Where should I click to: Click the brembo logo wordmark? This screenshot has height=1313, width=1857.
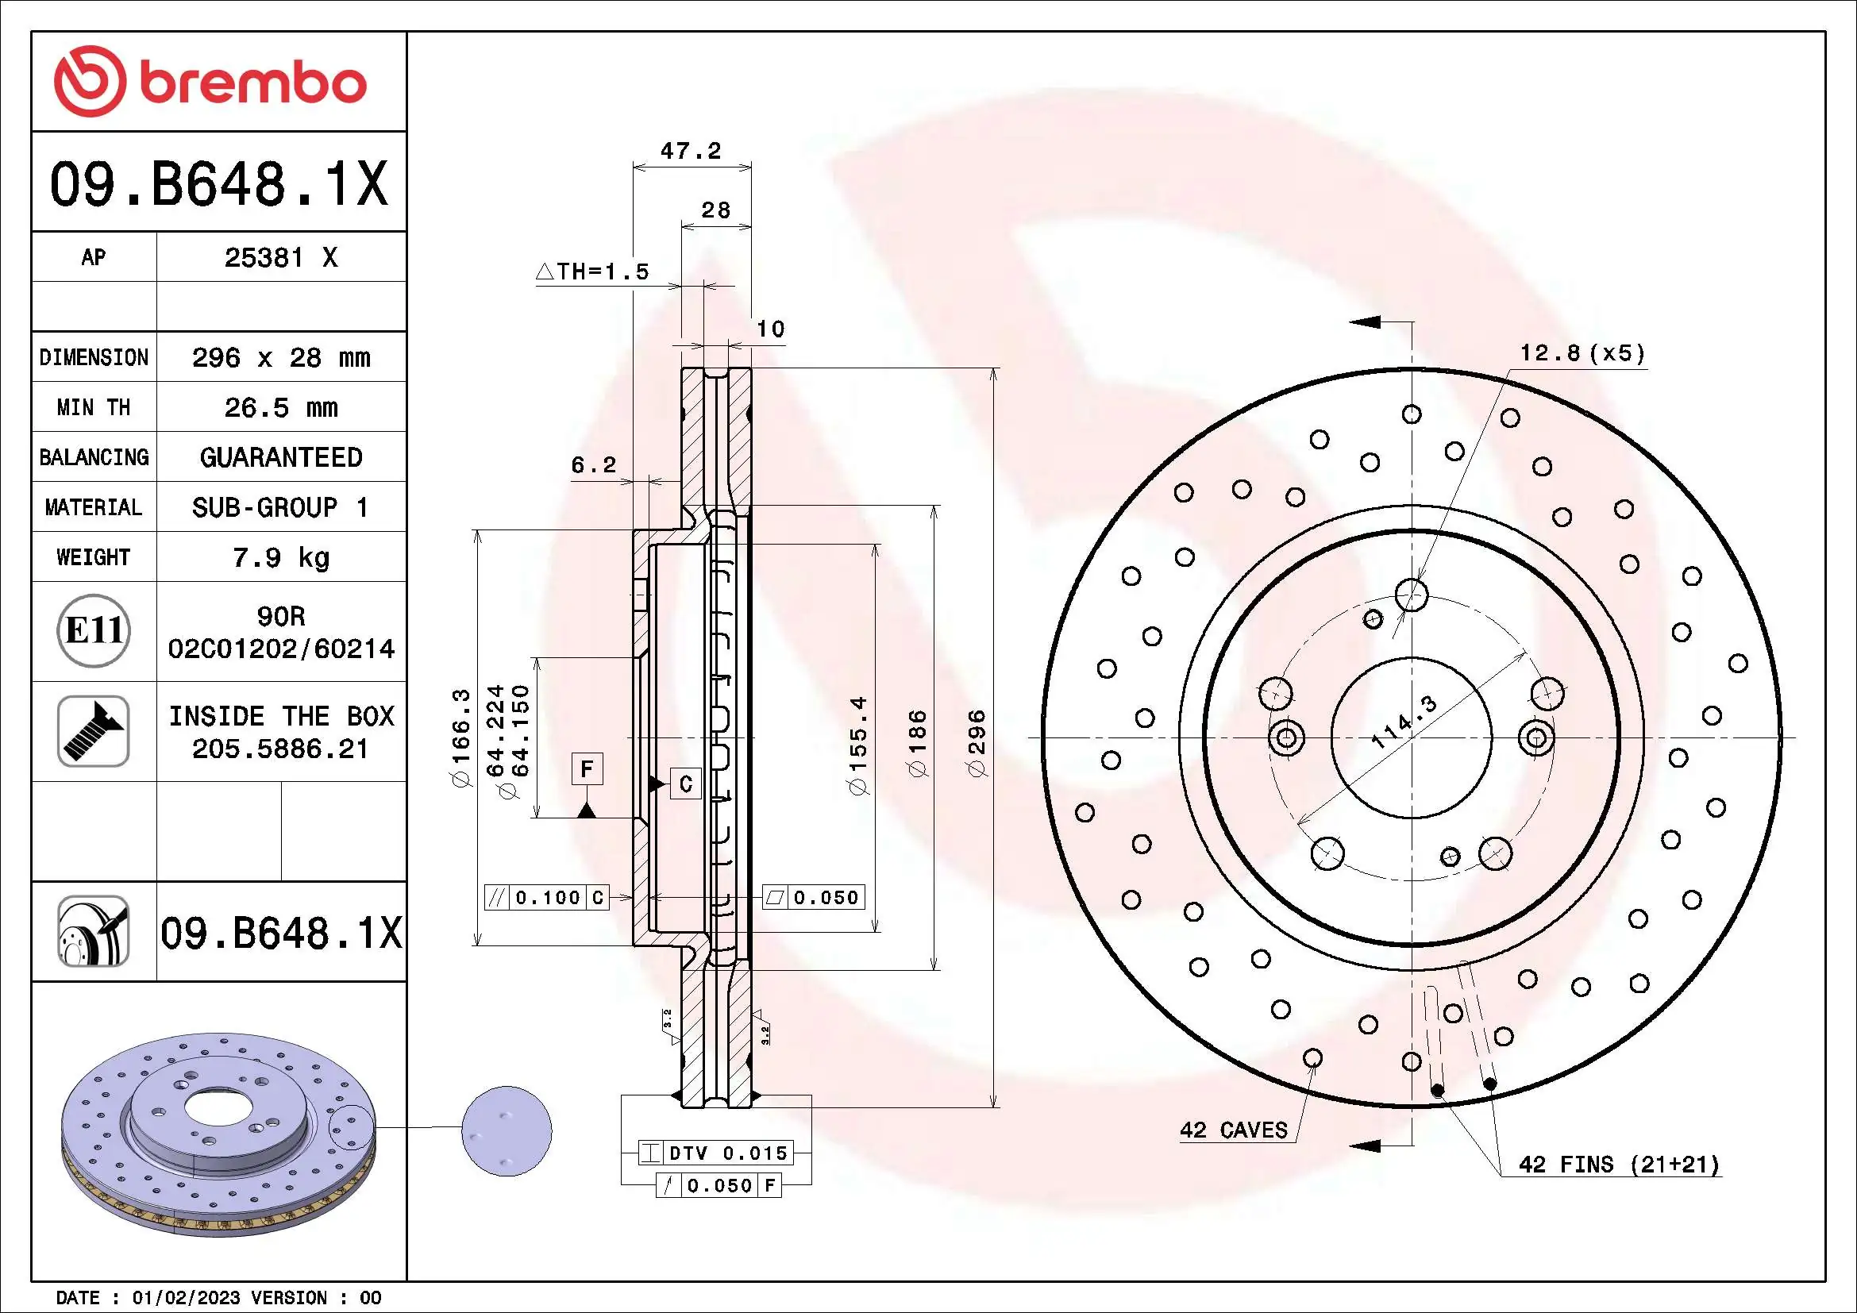tap(252, 84)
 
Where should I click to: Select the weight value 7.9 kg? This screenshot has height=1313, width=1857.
tap(280, 558)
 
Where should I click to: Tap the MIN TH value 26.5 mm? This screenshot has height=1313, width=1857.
tap(280, 407)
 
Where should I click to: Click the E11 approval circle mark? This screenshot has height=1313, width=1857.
tap(94, 630)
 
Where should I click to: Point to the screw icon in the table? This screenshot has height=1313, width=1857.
tap(94, 731)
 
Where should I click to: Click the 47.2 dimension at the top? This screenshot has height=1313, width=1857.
tap(690, 151)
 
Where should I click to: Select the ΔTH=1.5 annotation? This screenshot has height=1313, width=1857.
tap(593, 271)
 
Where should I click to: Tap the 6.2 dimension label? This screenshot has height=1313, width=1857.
tap(594, 465)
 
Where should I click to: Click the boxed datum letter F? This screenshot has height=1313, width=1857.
tap(588, 768)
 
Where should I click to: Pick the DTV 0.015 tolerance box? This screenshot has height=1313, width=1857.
tap(715, 1153)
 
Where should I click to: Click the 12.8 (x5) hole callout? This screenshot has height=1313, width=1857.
tap(1582, 353)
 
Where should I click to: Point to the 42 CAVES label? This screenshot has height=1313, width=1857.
tap(1233, 1130)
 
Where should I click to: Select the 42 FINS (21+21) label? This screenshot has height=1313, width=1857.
tap(1618, 1165)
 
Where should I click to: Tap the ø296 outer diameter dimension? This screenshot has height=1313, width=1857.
tap(978, 743)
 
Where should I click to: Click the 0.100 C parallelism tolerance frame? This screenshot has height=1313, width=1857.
tap(546, 898)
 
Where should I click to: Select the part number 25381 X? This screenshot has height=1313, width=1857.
tap(280, 258)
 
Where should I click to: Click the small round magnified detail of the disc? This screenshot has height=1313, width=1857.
tap(507, 1130)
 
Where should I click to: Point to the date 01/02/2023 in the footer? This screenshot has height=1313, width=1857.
tap(186, 1298)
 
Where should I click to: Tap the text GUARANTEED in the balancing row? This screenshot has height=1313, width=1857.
tap(280, 457)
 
